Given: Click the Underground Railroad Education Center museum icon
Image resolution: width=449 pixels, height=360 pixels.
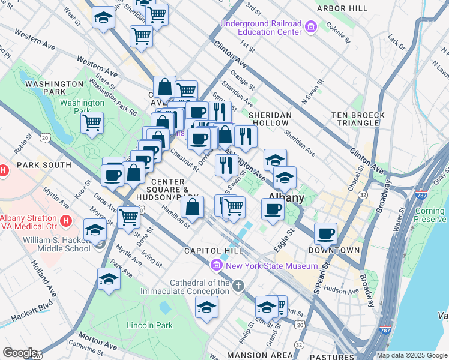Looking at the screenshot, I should click(x=310, y=27).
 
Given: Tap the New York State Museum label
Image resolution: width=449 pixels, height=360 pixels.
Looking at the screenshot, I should click(x=271, y=266).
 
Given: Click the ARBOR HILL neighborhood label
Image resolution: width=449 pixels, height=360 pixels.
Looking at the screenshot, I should click(x=343, y=8).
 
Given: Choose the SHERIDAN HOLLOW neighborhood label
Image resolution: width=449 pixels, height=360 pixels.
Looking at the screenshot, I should click(x=270, y=120).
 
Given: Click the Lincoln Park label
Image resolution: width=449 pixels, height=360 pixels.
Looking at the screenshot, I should click(x=149, y=326).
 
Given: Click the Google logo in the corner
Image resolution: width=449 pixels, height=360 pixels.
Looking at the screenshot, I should click(x=19, y=353).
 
